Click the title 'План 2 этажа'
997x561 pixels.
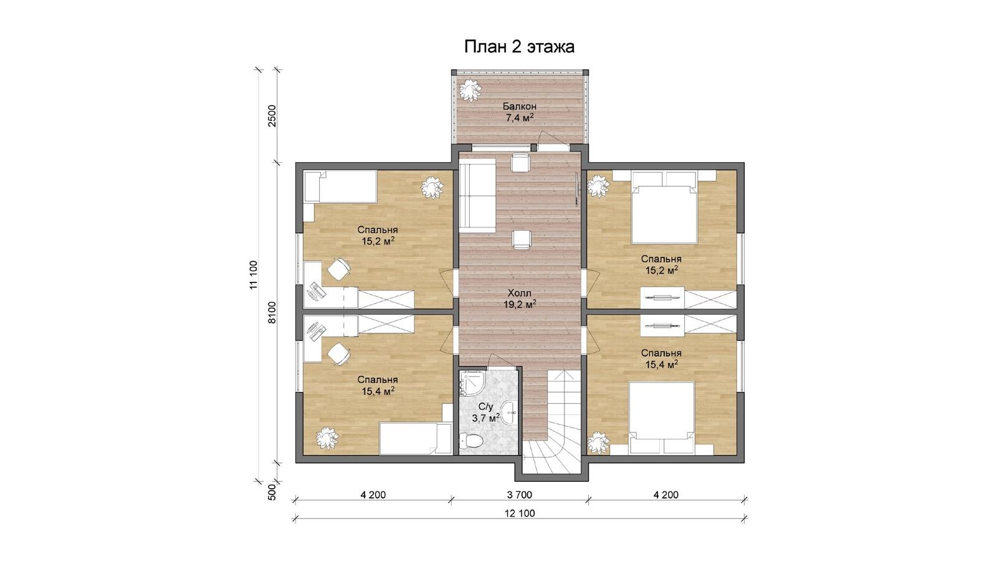pos(519,47)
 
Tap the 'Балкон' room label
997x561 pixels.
pos(520,107)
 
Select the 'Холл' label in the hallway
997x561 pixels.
pos(520,293)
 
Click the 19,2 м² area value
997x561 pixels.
pos(520,305)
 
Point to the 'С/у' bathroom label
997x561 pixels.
pos(486,406)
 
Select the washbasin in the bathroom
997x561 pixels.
pos(508,411)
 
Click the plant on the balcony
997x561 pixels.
pos(470,91)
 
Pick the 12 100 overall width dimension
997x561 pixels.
pos(520,514)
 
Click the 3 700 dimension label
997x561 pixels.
pos(520,495)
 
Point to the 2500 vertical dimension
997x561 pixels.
pos(272,116)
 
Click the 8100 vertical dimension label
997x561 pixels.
pos(272,312)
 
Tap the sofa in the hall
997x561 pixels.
pos(477,198)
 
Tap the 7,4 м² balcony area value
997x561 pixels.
pos(520,118)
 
